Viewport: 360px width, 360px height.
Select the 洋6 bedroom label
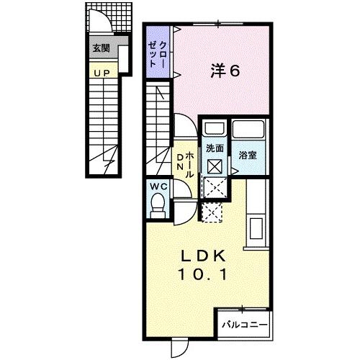(225, 71)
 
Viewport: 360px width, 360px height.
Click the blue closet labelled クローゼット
(159, 49)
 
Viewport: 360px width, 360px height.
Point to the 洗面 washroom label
(214, 148)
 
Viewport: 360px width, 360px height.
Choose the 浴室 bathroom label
(249, 153)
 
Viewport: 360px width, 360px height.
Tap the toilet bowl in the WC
(158, 207)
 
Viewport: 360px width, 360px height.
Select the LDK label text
(204, 256)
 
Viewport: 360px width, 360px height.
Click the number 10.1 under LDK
(204, 274)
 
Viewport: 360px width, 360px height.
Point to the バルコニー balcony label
(243, 324)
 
